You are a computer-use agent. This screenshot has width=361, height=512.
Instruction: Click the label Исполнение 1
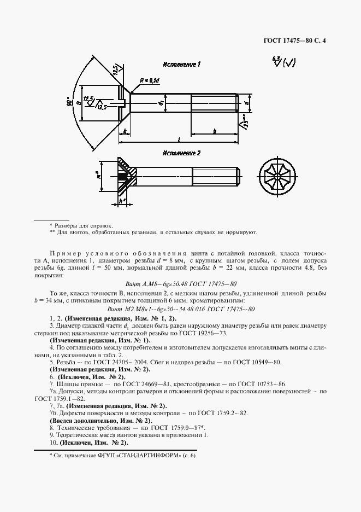[182, 65]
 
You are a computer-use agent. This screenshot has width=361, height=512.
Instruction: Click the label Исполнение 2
[181, 153]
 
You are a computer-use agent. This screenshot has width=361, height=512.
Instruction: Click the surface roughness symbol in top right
[283, 62]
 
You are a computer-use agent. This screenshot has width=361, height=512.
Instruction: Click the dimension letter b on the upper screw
[214, 131]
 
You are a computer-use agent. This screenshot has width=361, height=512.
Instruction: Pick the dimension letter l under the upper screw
[180, 139]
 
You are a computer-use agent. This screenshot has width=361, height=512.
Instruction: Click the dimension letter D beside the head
[79, 102]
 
